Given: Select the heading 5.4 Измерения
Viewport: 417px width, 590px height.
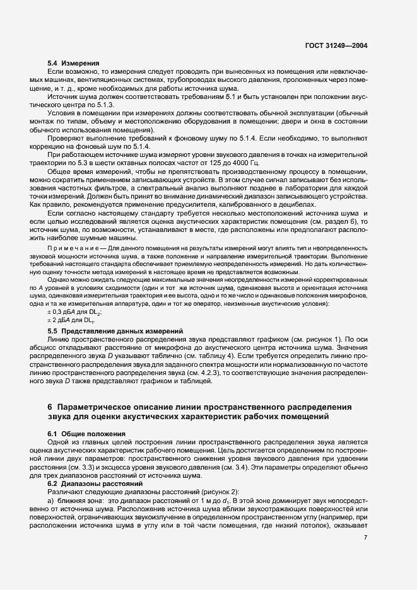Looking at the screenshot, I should click(x=74, y=64).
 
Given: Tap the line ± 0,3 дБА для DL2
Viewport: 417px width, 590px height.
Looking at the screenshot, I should click(x=75, y=312).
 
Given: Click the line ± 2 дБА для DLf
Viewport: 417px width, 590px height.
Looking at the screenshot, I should click(x=71, y=321).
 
